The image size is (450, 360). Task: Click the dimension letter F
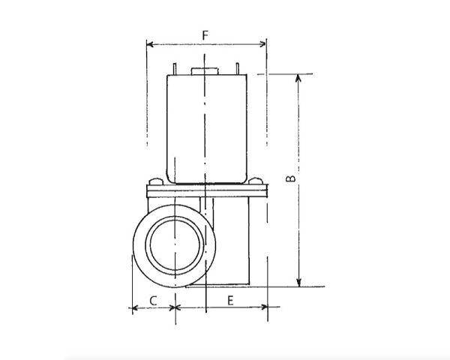205,35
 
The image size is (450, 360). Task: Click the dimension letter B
291,178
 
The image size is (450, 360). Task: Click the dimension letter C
153,301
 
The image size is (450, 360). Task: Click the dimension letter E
230,301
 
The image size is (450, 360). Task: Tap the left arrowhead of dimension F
150,44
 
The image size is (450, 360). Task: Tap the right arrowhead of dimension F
262,44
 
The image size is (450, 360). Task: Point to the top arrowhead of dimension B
298,78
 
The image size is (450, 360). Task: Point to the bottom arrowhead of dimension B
298,283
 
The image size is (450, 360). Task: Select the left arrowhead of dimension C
135,308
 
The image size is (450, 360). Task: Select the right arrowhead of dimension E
264,307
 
